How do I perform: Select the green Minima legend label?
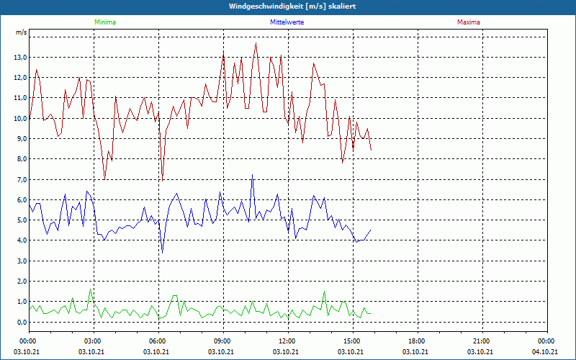pyautogui.click(x=104, y=22)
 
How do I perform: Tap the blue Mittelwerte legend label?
pyautogui.click(x=287, y=22)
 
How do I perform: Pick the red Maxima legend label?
pyautogui.click(x=469, y=22)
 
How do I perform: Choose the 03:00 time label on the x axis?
pyautogui.click(x=93, y=341)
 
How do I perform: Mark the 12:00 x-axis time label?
pyautogui.click(x=287, y=341)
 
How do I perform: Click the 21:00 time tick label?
pyautogui.click(x=481, y=341)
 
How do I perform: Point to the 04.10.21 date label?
pyautogui.click(x=545, y=351)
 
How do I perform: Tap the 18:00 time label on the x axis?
pyautogui.click(x=416, y=341)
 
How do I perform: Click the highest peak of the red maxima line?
pyautogui.click(x=256, y=43)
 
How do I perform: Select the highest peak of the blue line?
pyautogui.click(x=252, y=175)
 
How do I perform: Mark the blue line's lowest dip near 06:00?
pyautogui.click(x=163, y=252)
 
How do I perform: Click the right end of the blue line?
pyautogui.click(x=370, y=230)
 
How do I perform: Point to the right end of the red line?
pyautogui.click(x=371, y=150)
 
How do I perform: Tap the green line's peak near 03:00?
pyautogui.click(x=90, y=289)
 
